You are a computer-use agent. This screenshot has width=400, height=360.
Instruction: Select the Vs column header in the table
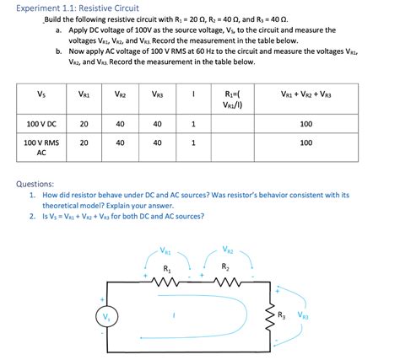click(x=41, y=95)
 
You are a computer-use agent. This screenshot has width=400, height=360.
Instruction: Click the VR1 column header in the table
click(x=84, y=95)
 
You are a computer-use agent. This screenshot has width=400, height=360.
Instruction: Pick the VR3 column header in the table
click(x=158, y=95)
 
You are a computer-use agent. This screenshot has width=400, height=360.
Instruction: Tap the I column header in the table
click(x=194, y=95)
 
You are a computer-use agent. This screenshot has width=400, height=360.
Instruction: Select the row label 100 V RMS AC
click(x=41, y=148)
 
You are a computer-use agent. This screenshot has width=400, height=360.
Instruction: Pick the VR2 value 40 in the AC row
click(x=121, y=143)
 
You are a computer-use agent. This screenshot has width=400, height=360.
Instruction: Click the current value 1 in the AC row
click(x=194, y=143)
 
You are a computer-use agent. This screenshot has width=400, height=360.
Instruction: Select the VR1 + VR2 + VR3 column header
click(x=306, y=95)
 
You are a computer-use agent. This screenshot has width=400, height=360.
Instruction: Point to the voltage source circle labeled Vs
click(x=106, y=317)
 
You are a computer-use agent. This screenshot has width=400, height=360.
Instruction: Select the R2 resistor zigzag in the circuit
click(x=225, y=283)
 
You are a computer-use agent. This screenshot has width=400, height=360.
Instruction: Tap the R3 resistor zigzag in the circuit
click(x=270, y=317)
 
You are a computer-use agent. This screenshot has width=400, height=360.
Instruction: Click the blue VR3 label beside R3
click(x=303, y=317)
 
